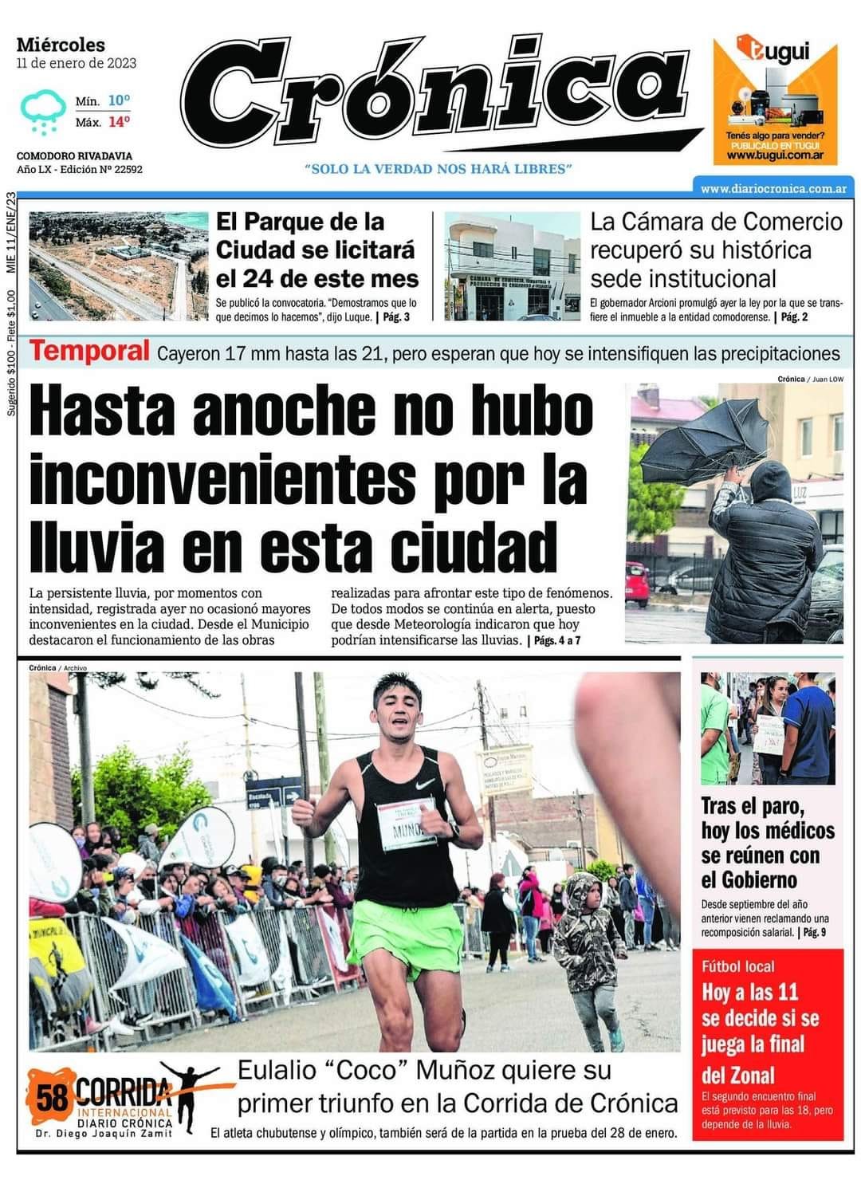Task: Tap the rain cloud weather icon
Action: (43, 110)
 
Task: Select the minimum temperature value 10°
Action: (119, 100)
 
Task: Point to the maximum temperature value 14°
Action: (119, 122)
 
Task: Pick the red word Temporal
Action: (89, 351)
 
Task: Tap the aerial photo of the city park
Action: (118, 265)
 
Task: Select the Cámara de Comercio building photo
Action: (512, 265)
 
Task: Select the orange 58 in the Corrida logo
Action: (52, 1099)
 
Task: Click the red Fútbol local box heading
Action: (737, 966)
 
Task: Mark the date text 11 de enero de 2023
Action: (77, 63)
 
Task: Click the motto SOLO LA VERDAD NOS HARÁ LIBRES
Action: (438, 169)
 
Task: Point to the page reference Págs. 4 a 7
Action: (557, 640)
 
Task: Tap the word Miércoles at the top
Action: (61, 45)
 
